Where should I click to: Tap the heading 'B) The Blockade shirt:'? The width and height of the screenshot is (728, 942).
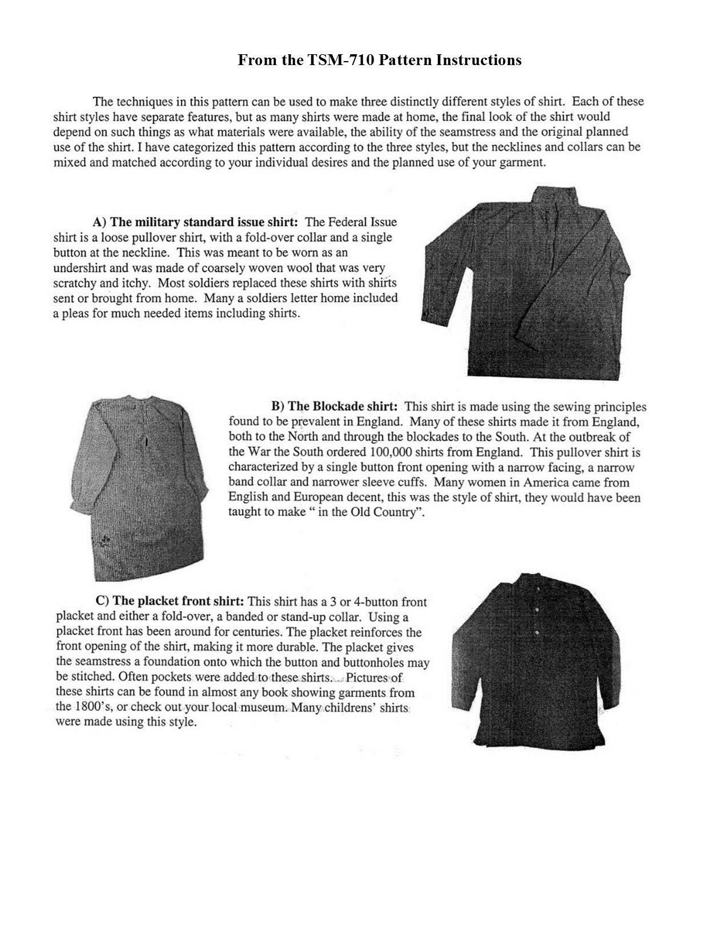[x=335, y=407]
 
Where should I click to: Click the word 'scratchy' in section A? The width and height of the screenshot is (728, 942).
[x=74, y=283]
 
